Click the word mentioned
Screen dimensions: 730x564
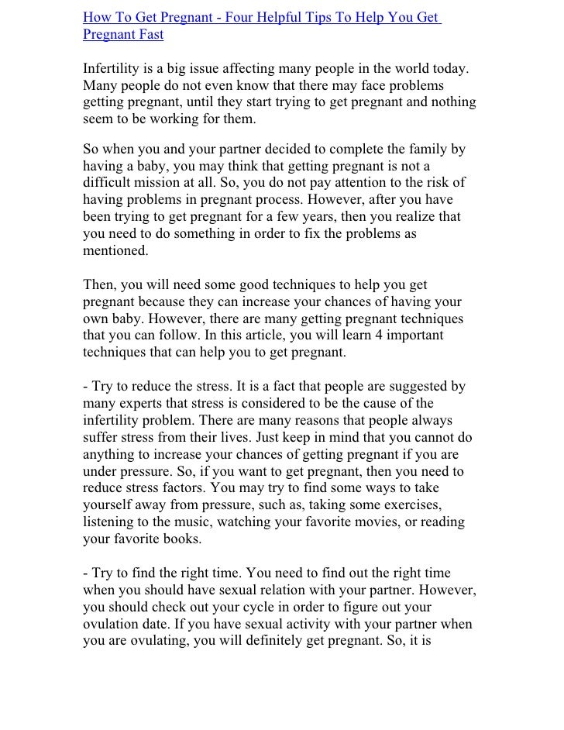115,252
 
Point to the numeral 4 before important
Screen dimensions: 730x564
364,336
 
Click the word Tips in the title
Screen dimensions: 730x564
350,18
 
